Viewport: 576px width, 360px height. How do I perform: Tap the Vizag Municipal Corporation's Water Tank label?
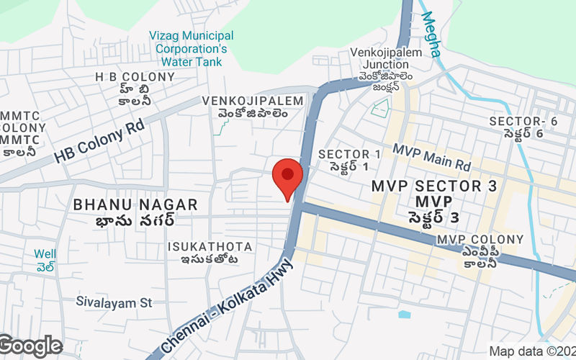pos(191,48)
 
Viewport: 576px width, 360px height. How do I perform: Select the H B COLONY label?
pos(135,76)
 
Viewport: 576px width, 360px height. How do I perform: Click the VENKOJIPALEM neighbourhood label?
pos(245,100)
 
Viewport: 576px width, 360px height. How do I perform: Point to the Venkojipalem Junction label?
pos(382,58)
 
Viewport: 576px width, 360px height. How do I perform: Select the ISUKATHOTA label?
pos(210,247)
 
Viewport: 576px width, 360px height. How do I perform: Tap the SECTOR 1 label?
pos(349,154)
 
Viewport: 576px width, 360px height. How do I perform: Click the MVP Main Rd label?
pos(431,158)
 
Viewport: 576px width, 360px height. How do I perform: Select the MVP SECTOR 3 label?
pos(434,186)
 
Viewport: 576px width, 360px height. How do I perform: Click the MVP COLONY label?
pos(480,239)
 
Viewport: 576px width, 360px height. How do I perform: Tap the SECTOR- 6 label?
pos(523,121)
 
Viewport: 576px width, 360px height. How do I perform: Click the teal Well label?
pos(45,254)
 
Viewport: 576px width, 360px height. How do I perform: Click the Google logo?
pos(31,346)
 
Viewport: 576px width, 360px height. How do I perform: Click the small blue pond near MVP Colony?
pos(404,314)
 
